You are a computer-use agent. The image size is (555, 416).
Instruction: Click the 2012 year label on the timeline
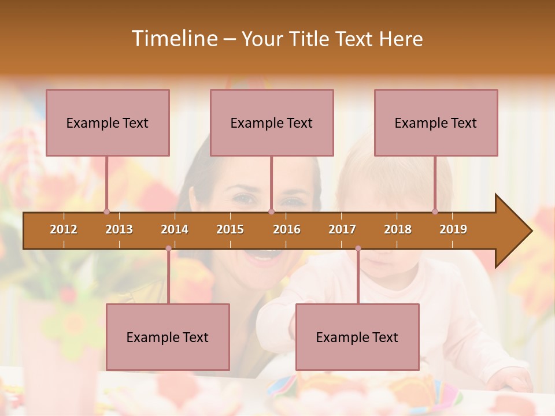(x=64, y=229)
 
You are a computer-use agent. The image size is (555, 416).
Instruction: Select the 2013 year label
(x=119, y=229)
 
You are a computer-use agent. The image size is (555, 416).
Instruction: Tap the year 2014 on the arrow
(x=175, y=229)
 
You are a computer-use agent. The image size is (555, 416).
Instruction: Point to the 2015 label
(x=230, y=229)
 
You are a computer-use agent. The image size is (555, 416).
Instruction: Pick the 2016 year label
(x=287, y=229)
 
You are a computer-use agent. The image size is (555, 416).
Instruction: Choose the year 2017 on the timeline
(x=342, y=229)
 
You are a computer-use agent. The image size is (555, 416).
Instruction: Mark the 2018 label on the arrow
(x=398, y=229)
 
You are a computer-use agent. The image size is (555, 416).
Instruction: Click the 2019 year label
(x=453, y=229)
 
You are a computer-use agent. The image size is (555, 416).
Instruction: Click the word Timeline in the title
(x=173, y=39)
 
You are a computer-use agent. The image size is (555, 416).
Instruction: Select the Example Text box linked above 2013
(x=108, y=122)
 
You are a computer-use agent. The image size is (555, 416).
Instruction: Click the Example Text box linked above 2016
(x=272, y=122)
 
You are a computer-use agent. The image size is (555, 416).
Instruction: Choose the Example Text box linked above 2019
(x=436, y=122)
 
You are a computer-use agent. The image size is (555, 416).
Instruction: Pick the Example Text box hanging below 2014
(x=168, y=337)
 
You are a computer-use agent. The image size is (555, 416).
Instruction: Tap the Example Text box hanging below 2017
(x=357, y=337)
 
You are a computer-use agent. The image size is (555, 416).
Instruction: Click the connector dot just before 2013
(x=106, y=211)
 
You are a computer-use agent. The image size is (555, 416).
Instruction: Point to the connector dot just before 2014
(x=168, y=248)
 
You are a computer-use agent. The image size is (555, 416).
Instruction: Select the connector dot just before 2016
(x=271, y=211)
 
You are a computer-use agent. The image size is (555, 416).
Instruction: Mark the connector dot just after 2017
(x=358, y=248)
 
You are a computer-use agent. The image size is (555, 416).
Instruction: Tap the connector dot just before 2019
(x=435, y=211)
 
